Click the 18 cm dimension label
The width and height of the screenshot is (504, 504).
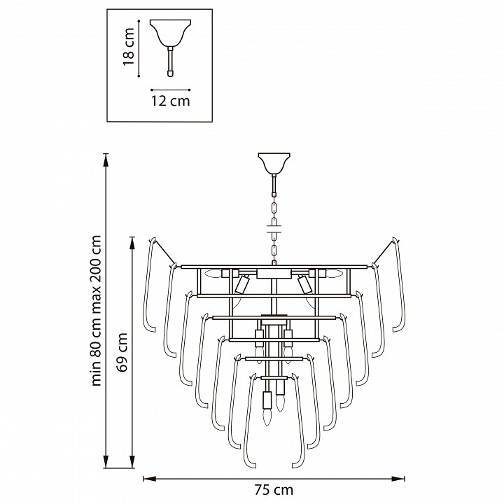[129, 47]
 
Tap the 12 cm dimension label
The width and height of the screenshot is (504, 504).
[171, 101]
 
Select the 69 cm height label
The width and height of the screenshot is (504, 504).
[122, 353]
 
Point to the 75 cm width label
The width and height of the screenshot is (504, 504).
[274, 490]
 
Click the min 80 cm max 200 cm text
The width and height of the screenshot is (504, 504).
[96, 311]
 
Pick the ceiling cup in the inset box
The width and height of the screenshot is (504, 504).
[170, 33]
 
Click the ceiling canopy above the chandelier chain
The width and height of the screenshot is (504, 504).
[274, 163]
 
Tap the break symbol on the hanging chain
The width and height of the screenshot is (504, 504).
[274, 228]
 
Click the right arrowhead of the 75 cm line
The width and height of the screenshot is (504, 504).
[398, 479]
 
